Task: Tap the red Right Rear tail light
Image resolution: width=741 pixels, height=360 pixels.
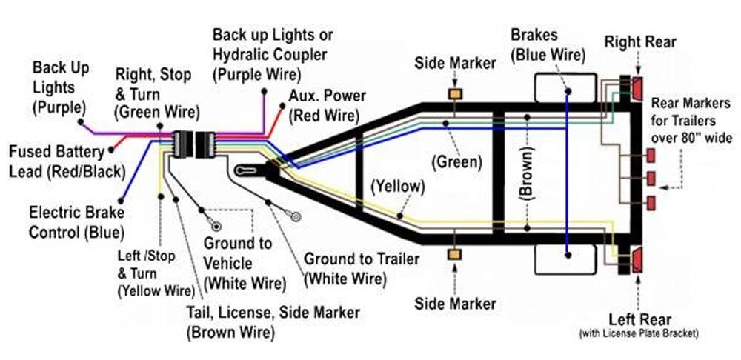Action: coord(637,88)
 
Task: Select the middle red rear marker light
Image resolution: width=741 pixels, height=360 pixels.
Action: coord(651,179)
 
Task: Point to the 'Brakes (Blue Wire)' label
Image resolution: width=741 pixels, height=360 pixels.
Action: coord(548,44)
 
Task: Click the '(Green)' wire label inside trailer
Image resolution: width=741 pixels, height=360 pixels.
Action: coord(456,161)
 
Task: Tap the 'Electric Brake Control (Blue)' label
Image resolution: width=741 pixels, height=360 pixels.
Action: coord(76,222)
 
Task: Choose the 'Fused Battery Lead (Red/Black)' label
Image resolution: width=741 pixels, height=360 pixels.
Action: coord(67,161)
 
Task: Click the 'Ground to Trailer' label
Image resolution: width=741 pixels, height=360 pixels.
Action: coord(361,269)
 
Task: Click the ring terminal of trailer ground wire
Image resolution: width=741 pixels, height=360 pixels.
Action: coord(295,218)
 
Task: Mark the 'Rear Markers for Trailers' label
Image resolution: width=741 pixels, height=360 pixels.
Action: coord(691,120)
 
